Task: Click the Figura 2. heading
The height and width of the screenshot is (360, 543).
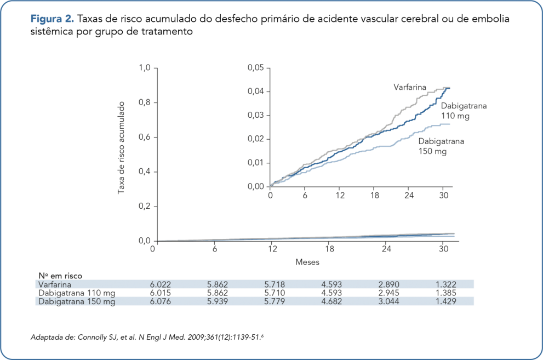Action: [x=52, y=20]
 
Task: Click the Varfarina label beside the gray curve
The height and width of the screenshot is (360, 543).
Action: [x=409, y=87]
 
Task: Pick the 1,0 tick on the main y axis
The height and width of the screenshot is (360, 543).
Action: [x=145, y=68]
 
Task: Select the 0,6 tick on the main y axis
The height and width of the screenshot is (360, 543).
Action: [x=145, y=138]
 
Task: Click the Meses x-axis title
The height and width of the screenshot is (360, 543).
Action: [x=307, y=262]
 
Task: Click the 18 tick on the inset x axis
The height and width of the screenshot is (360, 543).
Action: [x=375, y=196]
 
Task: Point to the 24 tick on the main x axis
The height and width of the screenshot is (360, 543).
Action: [x=386, y=249]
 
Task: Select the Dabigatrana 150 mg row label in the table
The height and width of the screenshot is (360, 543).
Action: [x=77, y=301]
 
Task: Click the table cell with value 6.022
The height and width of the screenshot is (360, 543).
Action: [x=162, y=284]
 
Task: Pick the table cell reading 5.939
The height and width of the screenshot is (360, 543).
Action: [x=218, y=301]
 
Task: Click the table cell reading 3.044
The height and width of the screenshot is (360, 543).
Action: [x=388, y=301]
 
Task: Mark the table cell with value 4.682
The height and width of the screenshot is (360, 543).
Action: [x=331, y=301]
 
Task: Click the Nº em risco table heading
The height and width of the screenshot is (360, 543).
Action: [x=60, y=276]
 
